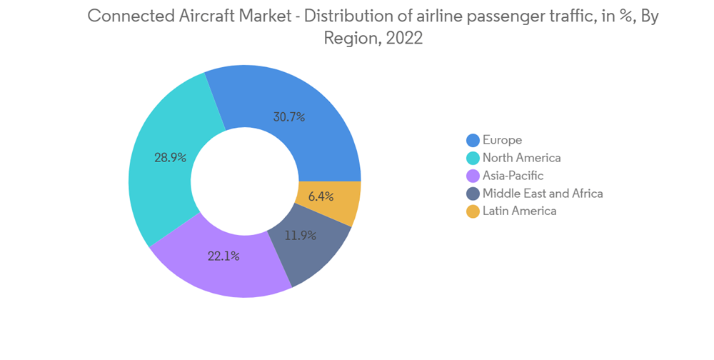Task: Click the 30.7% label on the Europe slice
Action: tap(289, 116)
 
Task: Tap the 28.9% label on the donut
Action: tap(170, 158)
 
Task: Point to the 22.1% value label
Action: tap(223, 256)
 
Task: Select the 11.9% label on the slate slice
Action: tap(301, 235)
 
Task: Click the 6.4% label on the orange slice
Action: tap(319, 196)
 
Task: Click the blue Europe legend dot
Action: tap(473, 140)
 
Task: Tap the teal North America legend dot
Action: tap(473, 158)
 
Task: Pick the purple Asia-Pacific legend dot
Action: tap(473, 176)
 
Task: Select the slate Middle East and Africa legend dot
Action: tap(473, 194)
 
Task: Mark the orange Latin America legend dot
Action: tap(473, 211)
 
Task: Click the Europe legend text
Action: tap(502, 140)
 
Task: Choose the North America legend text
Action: tap(521, 158)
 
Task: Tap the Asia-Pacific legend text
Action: tap(513, 176)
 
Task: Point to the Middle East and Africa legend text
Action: tap(543, 194)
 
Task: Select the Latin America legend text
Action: tap(519, 211)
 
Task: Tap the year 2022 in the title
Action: tap(404, 39)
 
